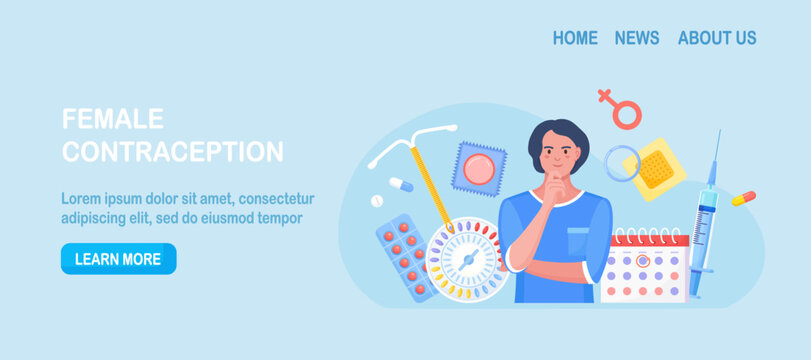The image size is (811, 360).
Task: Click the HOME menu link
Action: pyautogui.click(x=575, y=38)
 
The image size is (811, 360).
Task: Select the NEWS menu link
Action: pyautogui.click(x=637, y=38)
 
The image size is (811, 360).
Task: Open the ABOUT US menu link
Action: pyautogui.click(x=717, y=38)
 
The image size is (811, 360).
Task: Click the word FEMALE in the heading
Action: pyautogui.click(x=113, y=119)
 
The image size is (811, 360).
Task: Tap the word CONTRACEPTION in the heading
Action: pyautogui.click(x=173, y=152)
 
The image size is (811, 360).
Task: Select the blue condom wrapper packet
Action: pyautogui.click(x=478, y=168)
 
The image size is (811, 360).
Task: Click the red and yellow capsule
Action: pyautogui.click(x=743, y=198)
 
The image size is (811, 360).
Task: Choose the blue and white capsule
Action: pyautogui.click(x=401, y=184)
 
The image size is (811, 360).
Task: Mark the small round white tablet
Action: pyautogui.click(x=377, y=201)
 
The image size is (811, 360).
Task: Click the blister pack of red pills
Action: pyautogui.click(x=406, y=258)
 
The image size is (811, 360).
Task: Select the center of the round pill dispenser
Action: pyautogui.click(x=464, y=260)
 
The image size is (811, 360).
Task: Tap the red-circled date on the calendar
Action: pyautogui.click(x=643, y=260)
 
